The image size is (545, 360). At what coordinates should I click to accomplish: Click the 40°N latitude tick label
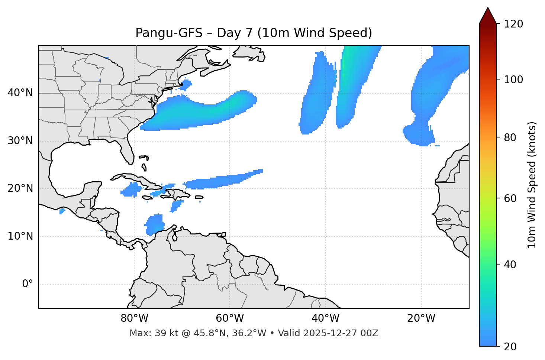coord(20,93)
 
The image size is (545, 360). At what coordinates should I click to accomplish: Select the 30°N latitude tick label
coord(20,141)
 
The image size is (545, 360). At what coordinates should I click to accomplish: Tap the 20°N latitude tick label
coord(20,188)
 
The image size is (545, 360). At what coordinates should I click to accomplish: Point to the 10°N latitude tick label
coord(20,236)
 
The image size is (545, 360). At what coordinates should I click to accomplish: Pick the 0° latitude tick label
coord(28,284)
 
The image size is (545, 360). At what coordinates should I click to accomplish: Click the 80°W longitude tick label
coord(134,318)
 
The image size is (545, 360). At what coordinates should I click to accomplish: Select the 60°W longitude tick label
coord(230,318)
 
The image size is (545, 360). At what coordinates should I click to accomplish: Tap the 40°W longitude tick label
coord(325,318)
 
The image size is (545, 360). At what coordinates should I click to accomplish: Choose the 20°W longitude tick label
coord(421,318)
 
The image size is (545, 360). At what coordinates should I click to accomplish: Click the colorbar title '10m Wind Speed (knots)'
coord(532,185)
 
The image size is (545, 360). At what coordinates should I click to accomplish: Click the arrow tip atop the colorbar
coord(488,8)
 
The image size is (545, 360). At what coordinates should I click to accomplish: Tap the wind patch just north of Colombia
coord(154,224)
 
